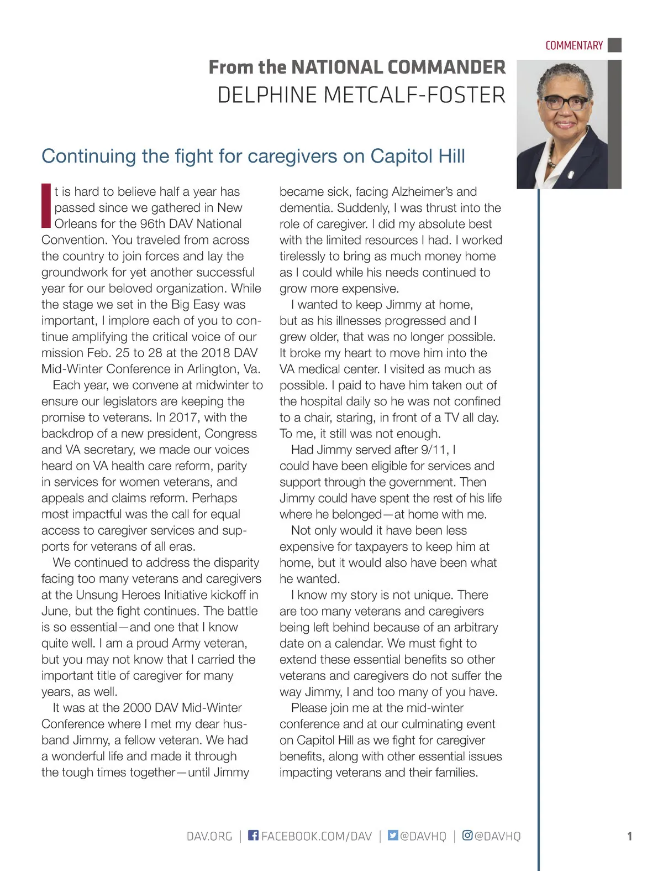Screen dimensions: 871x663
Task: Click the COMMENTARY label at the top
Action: [573, 45]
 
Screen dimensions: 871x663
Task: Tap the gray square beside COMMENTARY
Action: [614, 45]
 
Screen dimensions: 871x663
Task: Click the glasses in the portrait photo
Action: [565, 103]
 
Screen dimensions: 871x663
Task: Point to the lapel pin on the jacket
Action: [571, 176]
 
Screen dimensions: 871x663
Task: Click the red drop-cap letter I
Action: [46, 206]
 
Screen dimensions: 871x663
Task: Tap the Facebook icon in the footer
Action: [253, 835]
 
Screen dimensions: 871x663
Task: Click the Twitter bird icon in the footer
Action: [393, 835]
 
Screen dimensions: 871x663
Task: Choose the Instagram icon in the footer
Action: [467, 835]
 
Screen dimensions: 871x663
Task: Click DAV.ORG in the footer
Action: [209, 836]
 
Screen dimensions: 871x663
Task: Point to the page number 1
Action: [629, 836]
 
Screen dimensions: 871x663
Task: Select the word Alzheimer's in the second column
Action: [422, 192]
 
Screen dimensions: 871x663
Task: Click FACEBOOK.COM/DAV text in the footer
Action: [317, 836]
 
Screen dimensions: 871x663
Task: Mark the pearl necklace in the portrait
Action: [551, 161]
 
